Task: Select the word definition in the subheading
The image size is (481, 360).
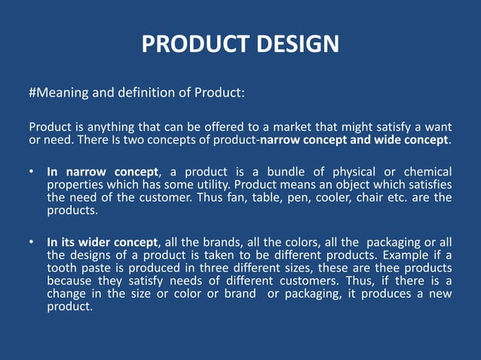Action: point(142,93)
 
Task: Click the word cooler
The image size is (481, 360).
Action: point(344,198)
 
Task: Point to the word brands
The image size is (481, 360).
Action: point(218,243)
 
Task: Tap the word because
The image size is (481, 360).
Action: point(69,281)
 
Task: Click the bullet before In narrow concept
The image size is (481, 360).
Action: point(31,172)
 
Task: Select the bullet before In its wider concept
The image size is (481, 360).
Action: point(31,243)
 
